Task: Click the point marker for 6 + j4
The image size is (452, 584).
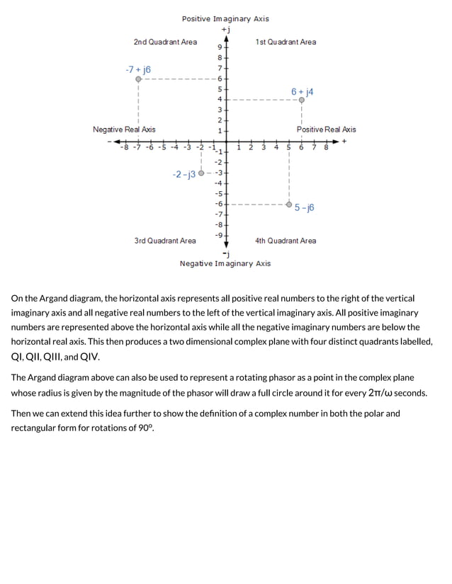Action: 302,101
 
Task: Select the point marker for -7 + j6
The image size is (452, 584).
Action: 139,79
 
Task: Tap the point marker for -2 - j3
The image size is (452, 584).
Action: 202,173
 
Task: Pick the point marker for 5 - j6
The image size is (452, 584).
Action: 289,205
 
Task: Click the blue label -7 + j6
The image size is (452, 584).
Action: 137,69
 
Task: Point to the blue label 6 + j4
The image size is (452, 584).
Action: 302,91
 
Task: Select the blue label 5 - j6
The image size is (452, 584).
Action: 305,207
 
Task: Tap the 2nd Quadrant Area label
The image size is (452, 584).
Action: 165,42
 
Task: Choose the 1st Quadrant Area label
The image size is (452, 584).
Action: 286,42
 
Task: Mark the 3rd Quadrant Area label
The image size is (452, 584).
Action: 165,241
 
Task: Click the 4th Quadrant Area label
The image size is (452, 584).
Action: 286,241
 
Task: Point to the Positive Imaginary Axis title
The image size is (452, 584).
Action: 225,19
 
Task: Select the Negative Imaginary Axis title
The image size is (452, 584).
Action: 225,263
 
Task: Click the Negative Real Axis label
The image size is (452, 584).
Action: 124,130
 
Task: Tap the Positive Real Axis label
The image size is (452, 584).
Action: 326,130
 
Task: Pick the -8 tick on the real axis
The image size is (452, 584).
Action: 125,148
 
